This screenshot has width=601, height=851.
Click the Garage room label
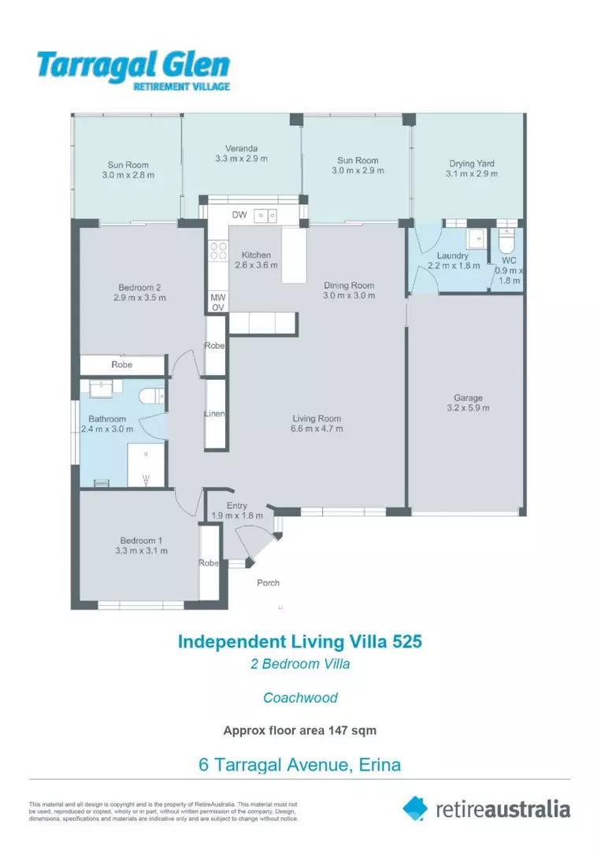[x=468, y=398]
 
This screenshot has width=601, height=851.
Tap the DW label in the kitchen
[x=239, y=215]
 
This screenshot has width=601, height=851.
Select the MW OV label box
[x=217, y=302]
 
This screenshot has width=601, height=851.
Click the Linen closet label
[x=216, y=414]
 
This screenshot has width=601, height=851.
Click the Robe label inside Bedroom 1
[x=209, y=563]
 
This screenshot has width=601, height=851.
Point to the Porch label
[x=269, y=583]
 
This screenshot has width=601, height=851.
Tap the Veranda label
[x=241, y=148]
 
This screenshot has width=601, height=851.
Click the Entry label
[x=236, y=506]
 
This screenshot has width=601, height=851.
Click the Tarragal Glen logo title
[x=133, y=65]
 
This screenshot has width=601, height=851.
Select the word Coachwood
[x=300, y=697]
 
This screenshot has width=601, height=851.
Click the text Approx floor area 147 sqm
[x=300, y=730]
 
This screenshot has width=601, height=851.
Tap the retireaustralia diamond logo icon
[x=415, y=808]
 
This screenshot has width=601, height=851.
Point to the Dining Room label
[x=349, y=285]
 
